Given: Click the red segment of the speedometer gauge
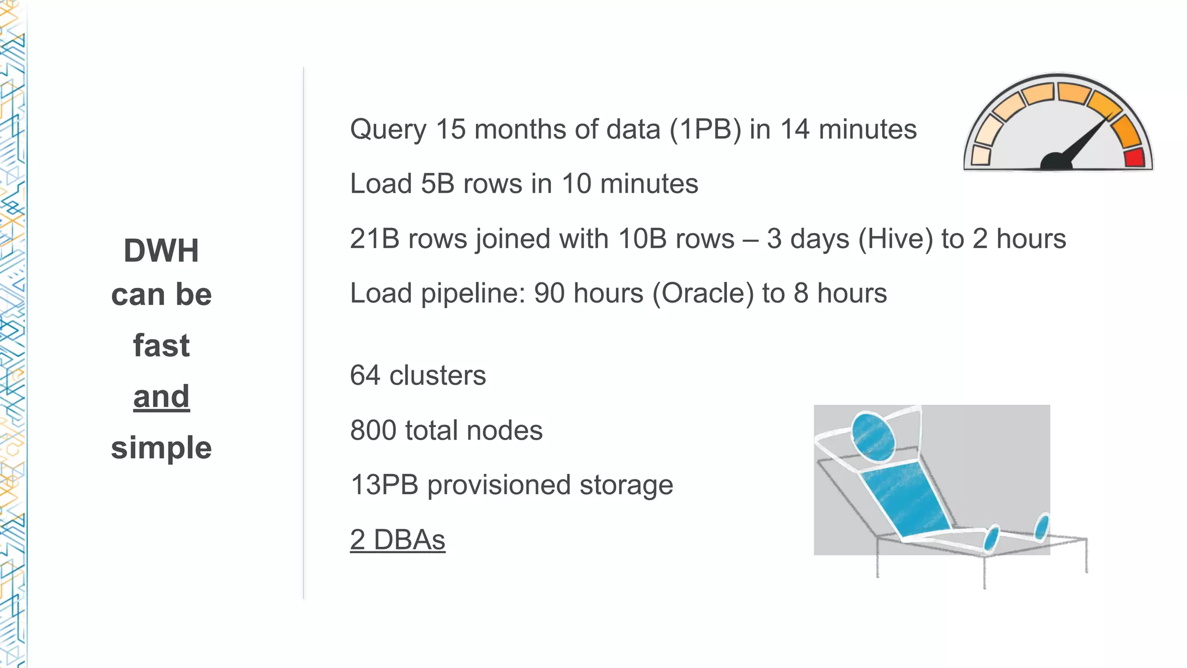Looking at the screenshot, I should [x=1134, y=158].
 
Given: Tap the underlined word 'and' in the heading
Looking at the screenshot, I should [x=161, y=397].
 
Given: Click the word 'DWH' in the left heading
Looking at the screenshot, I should [x=161, y=251].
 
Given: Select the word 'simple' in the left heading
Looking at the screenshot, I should [x=161, y=448].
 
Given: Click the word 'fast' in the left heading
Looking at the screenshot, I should [x=161, y=346].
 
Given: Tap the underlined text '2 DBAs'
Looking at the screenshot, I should [x=398, y=540].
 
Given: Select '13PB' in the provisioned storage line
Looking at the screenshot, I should [x=384, y=485].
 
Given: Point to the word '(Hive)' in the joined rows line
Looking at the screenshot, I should [x=895, y=239].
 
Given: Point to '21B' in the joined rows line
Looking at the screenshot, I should [x=374, y=239].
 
